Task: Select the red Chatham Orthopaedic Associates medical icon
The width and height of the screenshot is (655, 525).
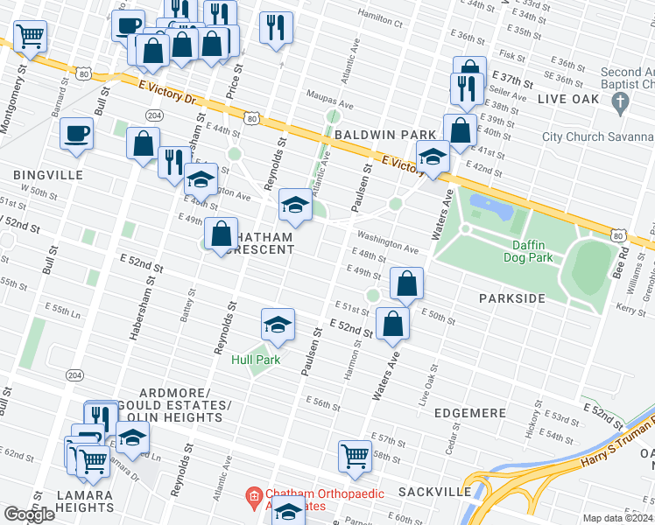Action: pos(254,496)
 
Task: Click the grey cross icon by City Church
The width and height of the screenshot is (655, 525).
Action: pos(621,104)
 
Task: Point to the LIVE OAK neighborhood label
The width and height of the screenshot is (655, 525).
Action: pos(568,99)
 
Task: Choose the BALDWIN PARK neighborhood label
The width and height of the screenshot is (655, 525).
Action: pos(384,134)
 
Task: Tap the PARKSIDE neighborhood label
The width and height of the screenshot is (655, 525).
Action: pos(512,298)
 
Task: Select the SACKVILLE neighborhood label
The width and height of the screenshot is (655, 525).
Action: pos(434,492)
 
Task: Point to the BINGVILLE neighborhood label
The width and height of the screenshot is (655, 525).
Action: pos(48,175)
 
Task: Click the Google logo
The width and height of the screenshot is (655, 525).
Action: pos(28,514)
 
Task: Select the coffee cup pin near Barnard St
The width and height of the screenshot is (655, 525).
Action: pos(76,134)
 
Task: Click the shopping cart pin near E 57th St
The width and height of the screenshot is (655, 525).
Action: pos(355,456)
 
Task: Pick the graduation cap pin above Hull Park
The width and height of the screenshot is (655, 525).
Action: pos(277,325)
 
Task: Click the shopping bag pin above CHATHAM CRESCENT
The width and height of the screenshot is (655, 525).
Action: pos(222,234)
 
